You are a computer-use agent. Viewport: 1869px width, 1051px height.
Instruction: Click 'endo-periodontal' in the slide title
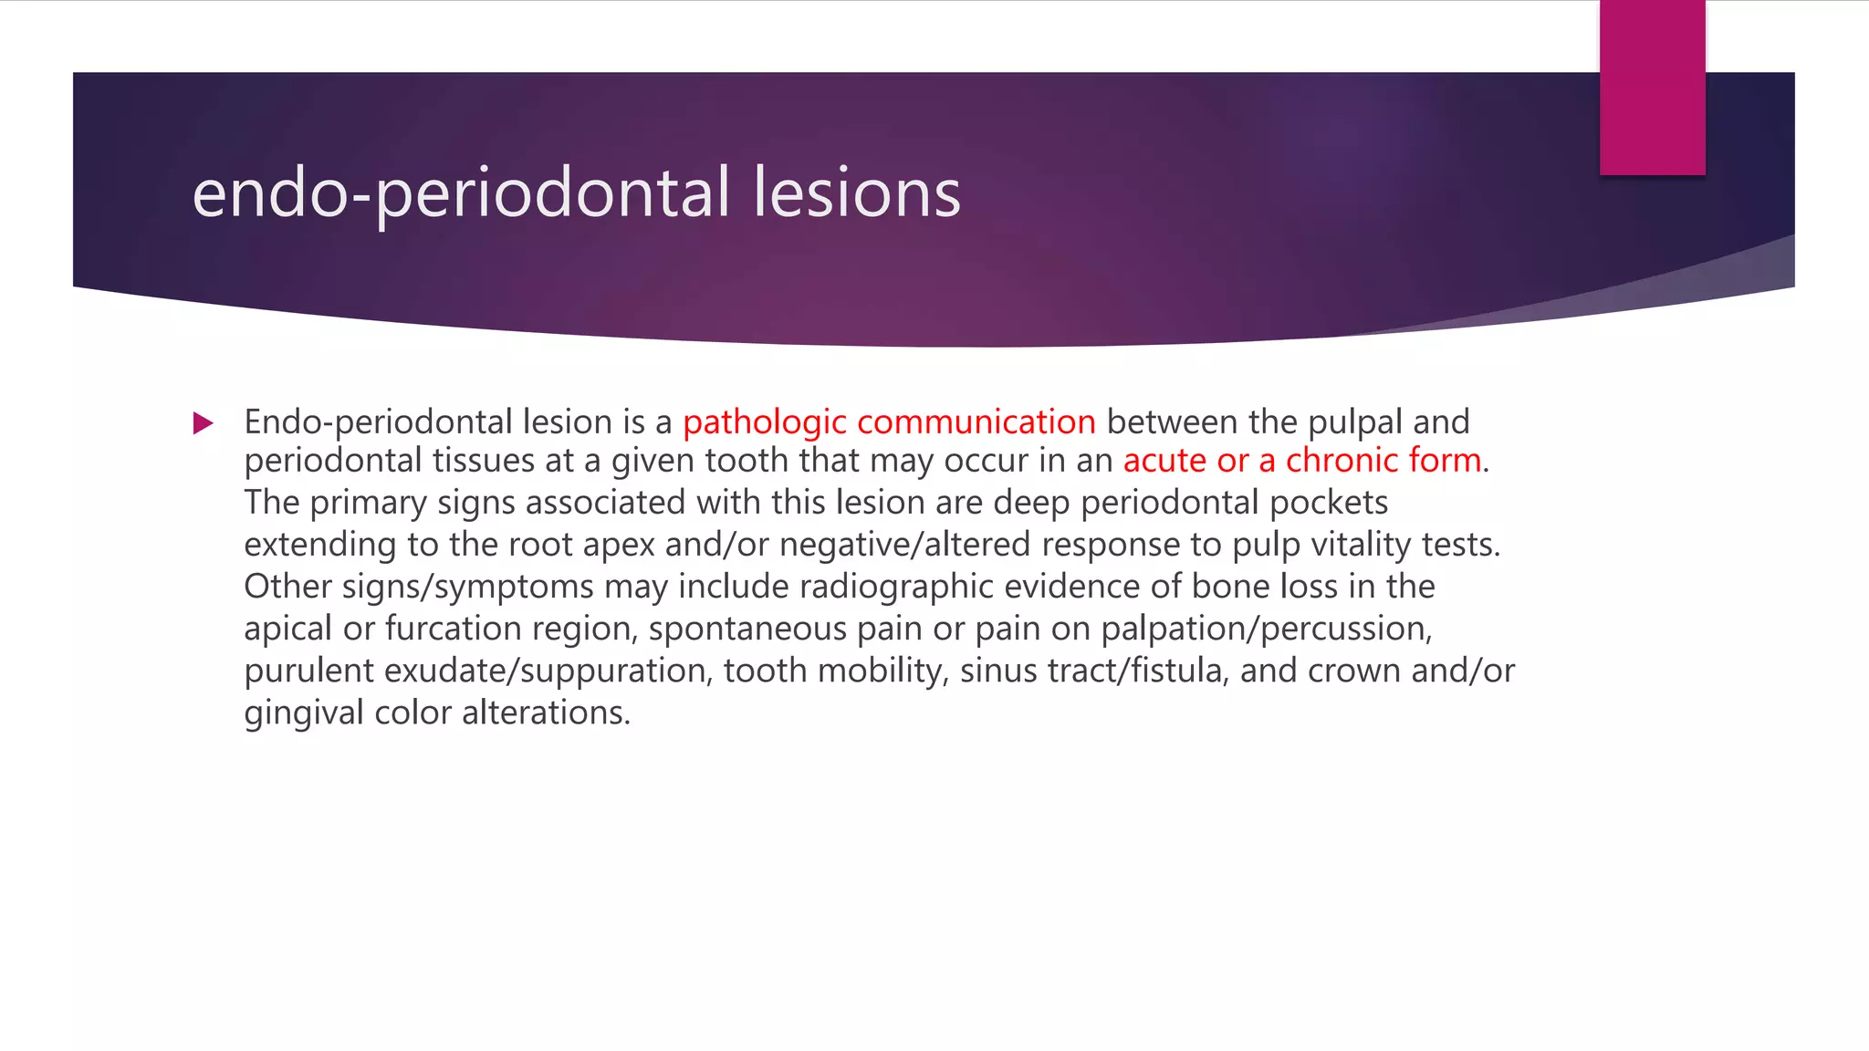click(x=462, y=193)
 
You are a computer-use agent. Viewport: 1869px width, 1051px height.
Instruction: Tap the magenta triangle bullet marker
click(x=204, y=423)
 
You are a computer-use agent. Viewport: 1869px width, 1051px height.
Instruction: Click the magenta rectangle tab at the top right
click(x=1652, y=88)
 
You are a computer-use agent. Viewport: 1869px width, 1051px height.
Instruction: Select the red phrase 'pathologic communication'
click(x=889, y=422)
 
